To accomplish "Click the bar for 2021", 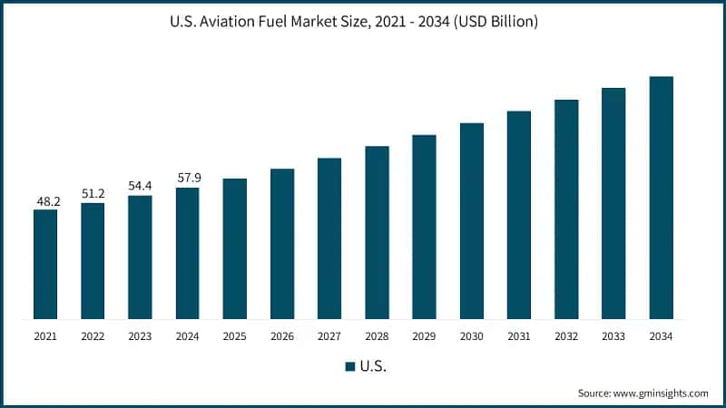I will (x=45, y=264).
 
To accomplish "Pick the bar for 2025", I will (x=235, y=248).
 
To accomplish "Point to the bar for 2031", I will (x=519, y=215).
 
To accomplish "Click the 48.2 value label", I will (x=45, y=200).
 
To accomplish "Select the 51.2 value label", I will (x=93, y=193).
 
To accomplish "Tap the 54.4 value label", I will (x=140, y=186).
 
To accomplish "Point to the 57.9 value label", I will (x=187, y=179).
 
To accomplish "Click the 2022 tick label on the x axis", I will (x=93, y=336).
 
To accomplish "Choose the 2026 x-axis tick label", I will (x=282, y=336).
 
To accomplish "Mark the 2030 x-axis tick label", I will (x=472, y=336).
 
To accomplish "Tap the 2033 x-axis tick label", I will (x=614, y=336).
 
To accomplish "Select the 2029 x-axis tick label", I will (x=425, y=336).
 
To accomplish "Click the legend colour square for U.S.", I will (x=349, y=366).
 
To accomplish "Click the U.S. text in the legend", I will (x=372, y=366).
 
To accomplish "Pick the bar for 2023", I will (x=140, y=257).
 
